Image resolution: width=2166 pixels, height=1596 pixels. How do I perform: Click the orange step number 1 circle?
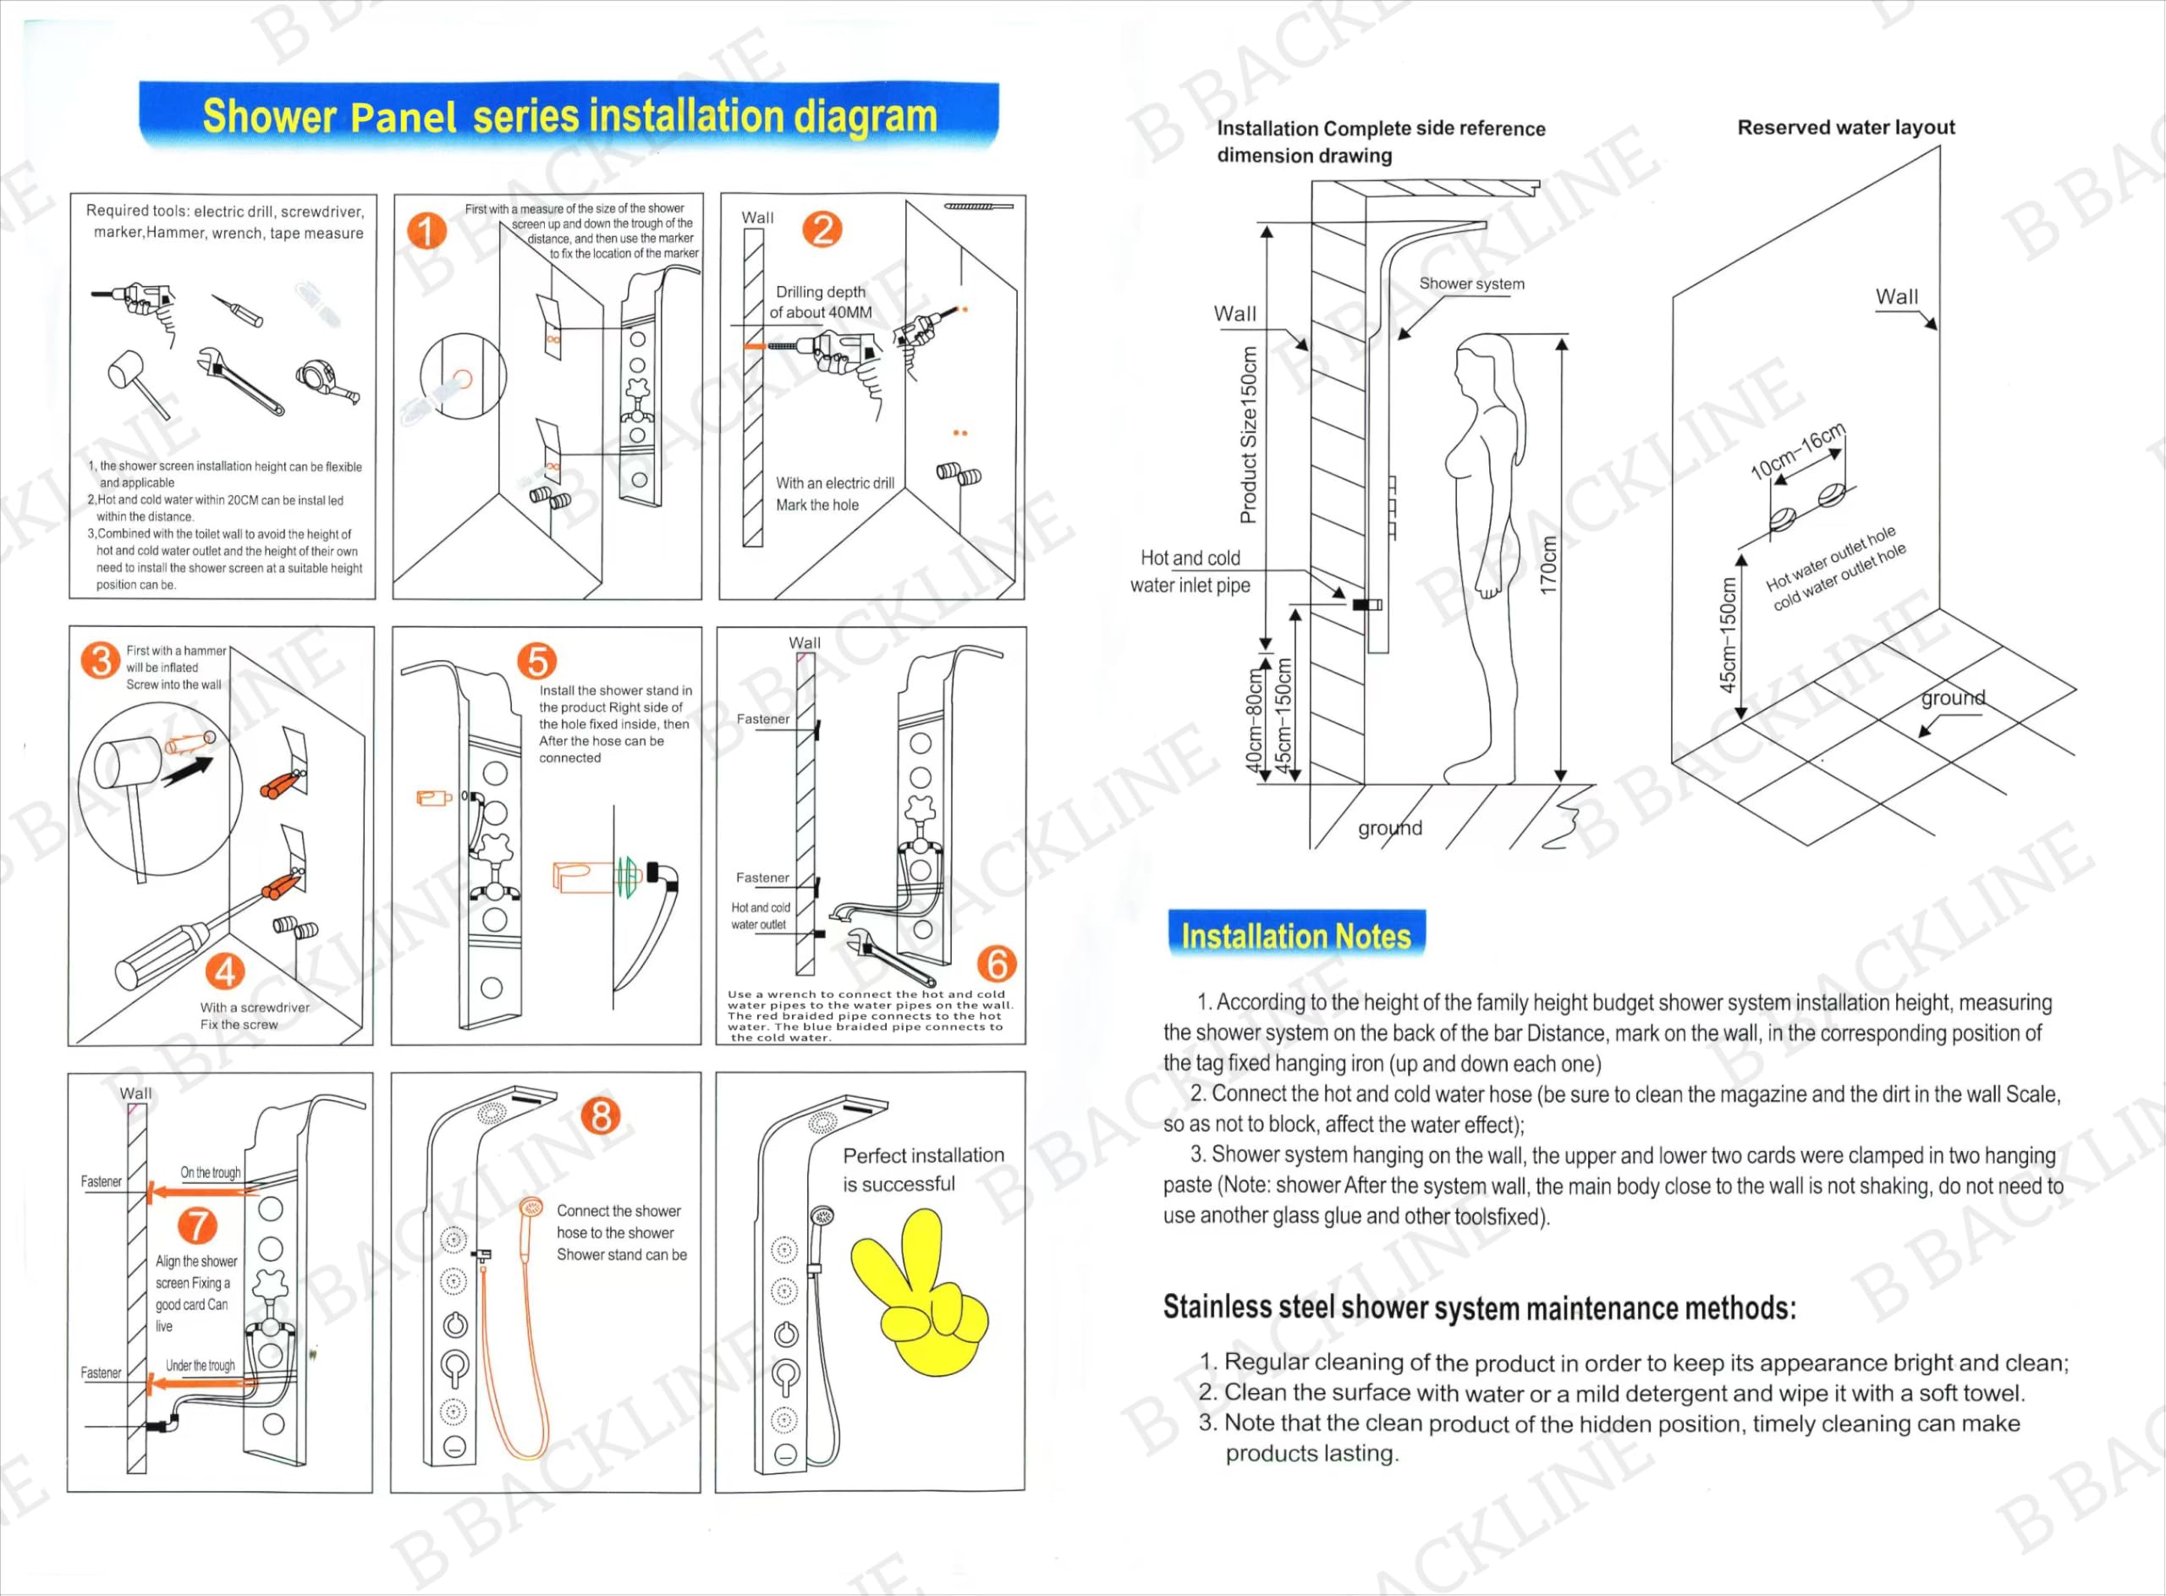click(x=426, y=231)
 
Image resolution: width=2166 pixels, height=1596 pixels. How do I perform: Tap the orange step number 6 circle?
click(x=997, y=963)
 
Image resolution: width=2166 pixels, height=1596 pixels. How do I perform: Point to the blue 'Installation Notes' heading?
click(x=1296, y=935)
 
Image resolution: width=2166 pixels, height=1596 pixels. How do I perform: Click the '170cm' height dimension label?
click(x=1549, y=565)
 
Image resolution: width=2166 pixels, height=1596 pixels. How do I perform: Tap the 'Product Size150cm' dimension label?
click(x=1249, y=435)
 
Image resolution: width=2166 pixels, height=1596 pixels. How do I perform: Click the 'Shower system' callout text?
click(x=1471, y=283)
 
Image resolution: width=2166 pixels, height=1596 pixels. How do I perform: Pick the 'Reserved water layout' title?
click(x=1845, y=128)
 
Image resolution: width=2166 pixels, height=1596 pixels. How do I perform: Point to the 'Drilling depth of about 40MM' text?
click(x=821, y=301)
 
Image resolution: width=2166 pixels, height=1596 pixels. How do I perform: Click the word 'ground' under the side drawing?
click(x=1389, y=828)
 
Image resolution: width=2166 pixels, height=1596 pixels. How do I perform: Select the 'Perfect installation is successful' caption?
click(x=922, y=1169)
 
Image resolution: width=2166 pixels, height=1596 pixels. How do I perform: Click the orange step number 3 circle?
click(x=101, y=661)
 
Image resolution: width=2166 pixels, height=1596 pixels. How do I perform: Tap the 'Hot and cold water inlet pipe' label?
click(x=1190, y=571)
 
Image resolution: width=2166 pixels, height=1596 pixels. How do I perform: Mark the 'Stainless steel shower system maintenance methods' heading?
click(x=1480, y=1307)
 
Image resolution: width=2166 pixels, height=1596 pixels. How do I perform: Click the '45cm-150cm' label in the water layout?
click(x=1728, y=635)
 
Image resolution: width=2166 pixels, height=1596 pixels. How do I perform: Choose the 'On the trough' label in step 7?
click(x=211, y=1172)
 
